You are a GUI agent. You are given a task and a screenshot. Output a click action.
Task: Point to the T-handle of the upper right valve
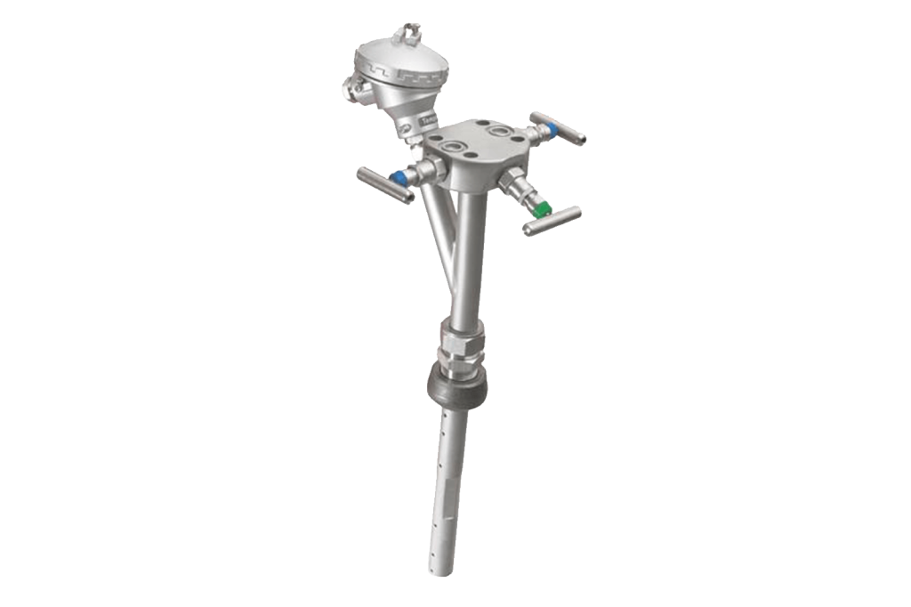coord(559,128)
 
